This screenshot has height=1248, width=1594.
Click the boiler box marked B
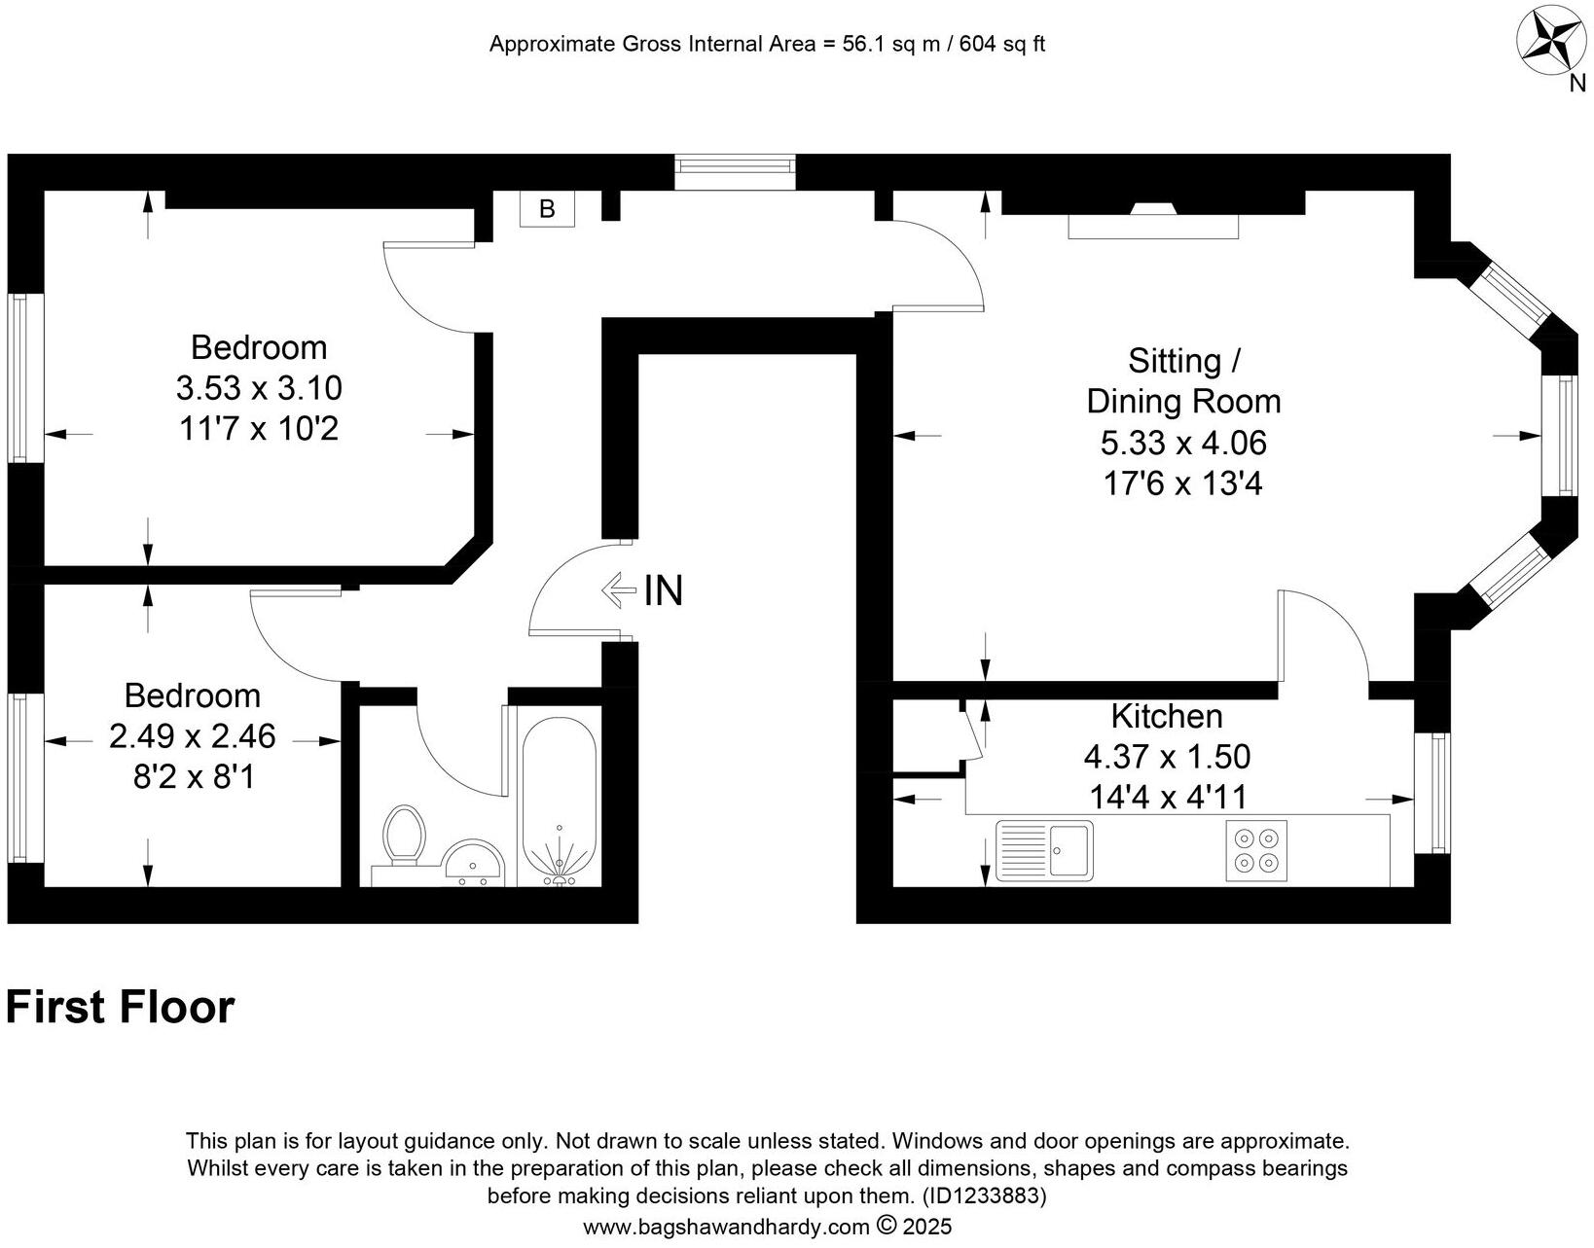pyautogui.click(x=547, y=209)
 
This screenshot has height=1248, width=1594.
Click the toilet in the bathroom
pyautogui.click(x=404, y=835)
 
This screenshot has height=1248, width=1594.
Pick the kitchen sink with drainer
pyautogui.click(x=1044, y=850)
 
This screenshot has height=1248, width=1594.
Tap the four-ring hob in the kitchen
pyautogui.click(x=1256, y=849)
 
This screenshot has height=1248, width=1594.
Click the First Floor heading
pyautogui.click(x=120, y=1008)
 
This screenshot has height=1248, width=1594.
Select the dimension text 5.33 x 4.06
pyautogui.click(x=1183, y=444)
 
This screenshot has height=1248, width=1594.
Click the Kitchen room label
pyautogui.click(x=1167, y=717)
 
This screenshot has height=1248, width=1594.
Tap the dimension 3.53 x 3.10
pyautogui.click(x=259, y=388)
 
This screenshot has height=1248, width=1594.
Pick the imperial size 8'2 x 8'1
pyautogui.click(x=193, y=777)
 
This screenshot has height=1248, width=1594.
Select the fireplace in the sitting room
pyautogui.click(x=1153, y=221)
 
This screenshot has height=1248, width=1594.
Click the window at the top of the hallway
pyautogui.click(x=737, y=172)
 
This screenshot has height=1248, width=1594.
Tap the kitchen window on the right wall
pyautogui.click(x=1434, y=793)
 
